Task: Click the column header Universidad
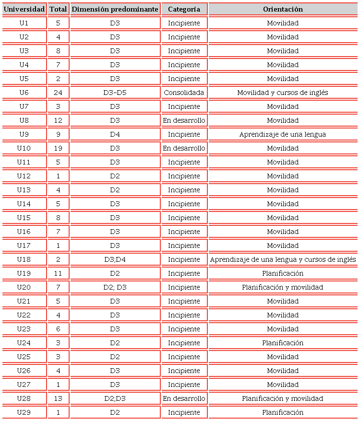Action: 24,9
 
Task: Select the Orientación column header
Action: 283,9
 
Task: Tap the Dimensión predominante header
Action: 115,9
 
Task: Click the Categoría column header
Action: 184,9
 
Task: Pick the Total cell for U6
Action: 58,93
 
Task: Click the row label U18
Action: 24,259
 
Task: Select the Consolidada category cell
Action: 184,93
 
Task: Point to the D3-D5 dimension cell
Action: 115,93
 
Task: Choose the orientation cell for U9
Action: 283,134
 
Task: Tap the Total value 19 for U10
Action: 58,148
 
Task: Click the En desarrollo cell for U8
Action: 184,120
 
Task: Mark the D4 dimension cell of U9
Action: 115,134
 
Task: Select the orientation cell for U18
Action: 283,259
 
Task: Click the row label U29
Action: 24,412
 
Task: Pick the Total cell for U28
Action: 58,398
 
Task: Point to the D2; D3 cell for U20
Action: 115,287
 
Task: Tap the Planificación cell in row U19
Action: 283,273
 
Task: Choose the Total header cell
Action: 58,9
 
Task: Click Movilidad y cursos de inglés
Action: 283,93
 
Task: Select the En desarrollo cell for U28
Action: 184,398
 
